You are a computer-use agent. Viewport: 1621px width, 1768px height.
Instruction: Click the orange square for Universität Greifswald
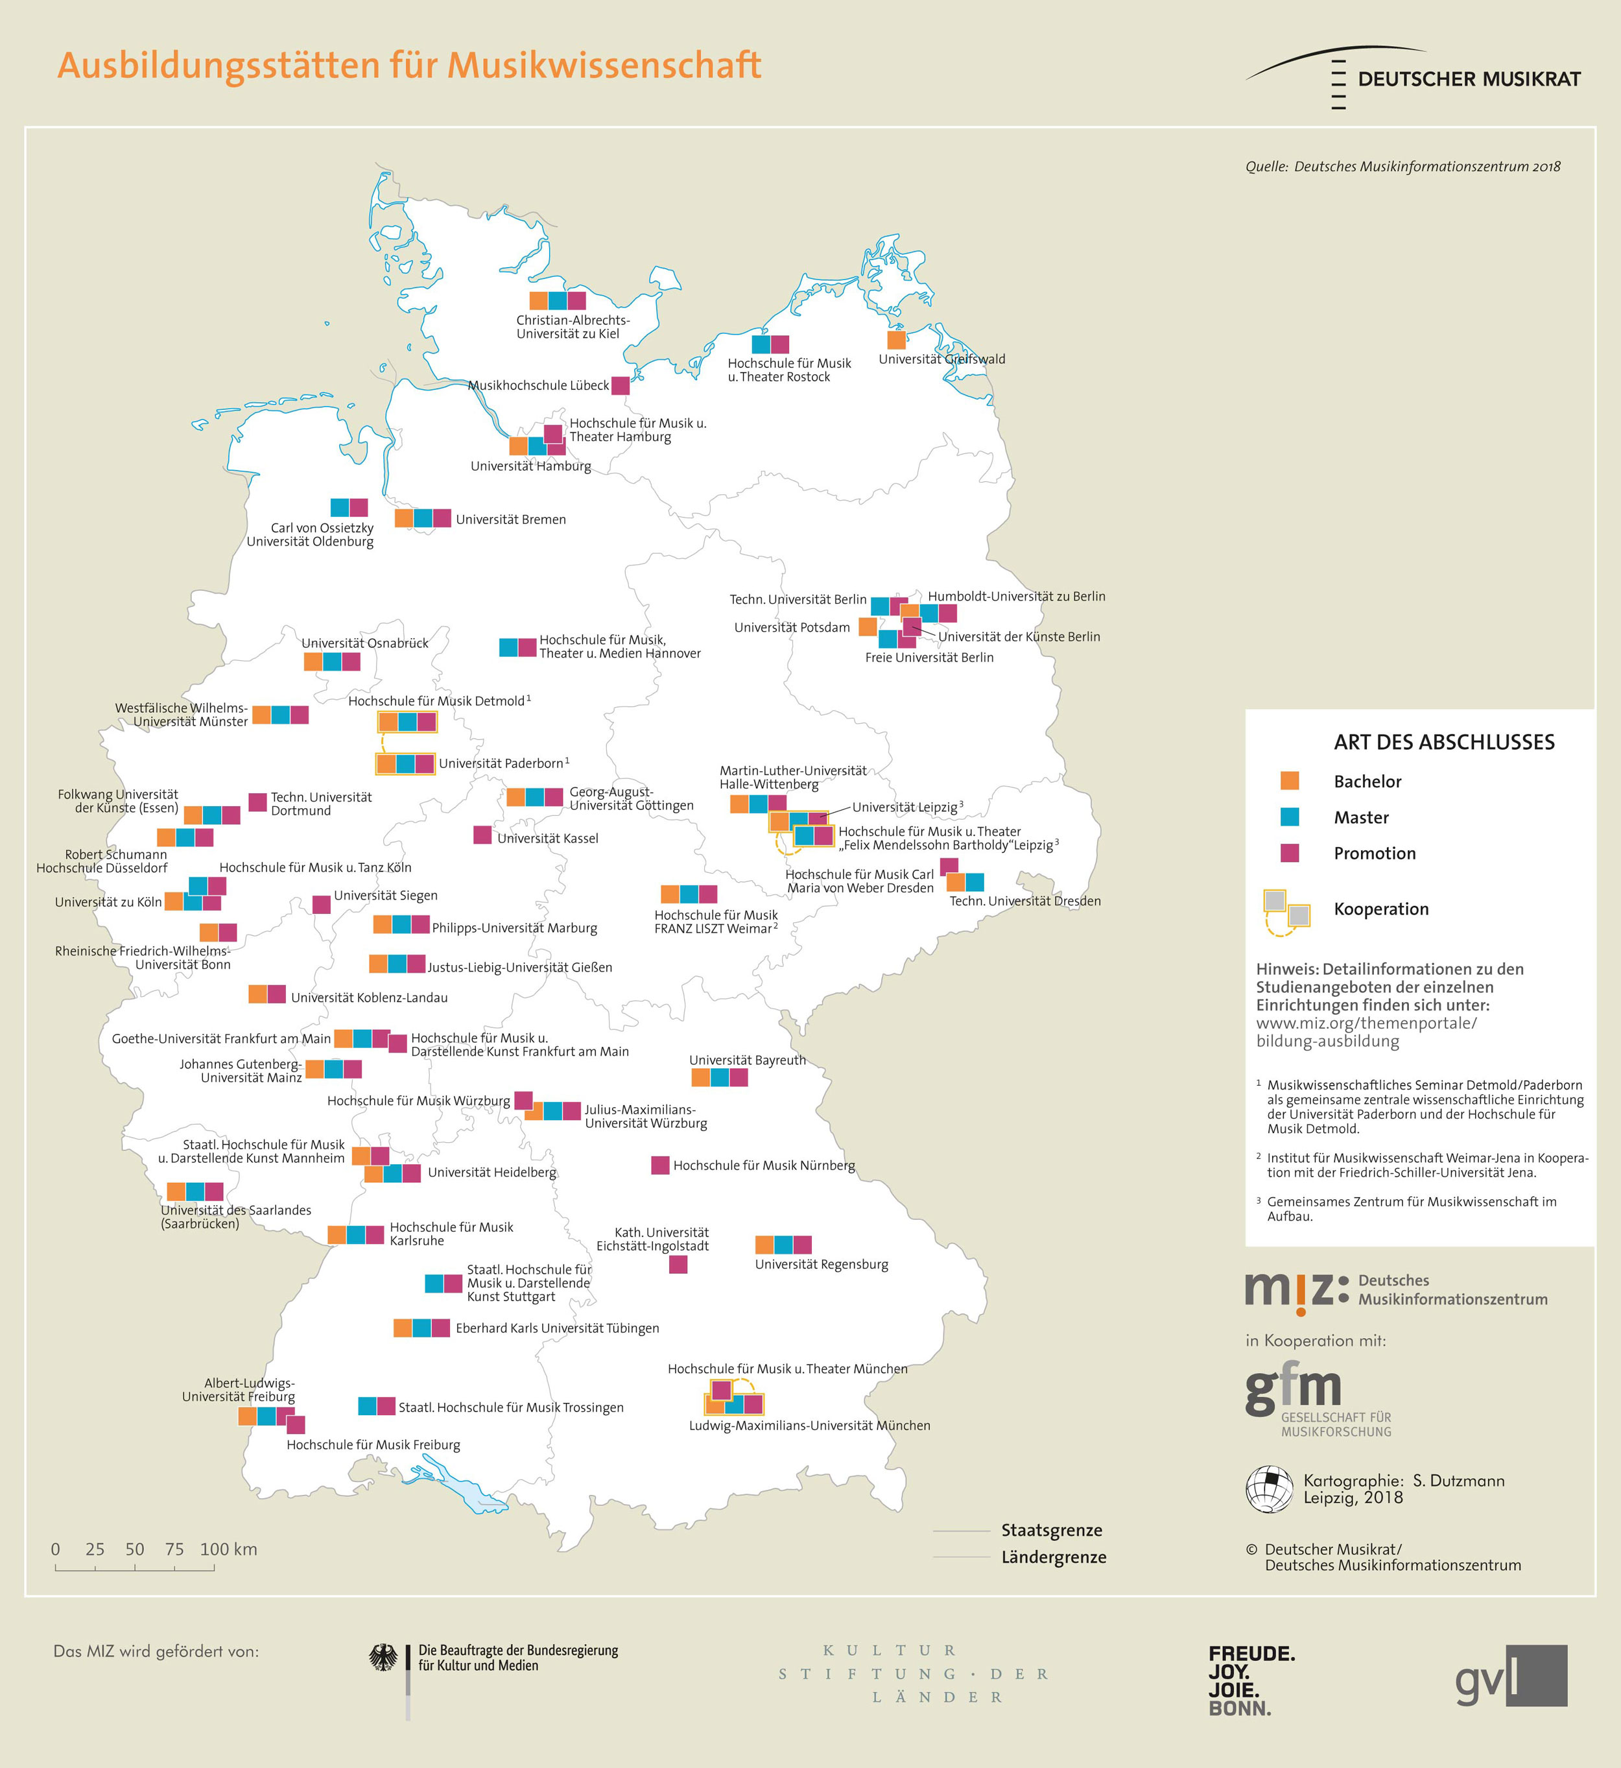[895, 340]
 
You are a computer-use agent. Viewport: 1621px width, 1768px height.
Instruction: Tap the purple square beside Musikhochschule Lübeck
[620, 385]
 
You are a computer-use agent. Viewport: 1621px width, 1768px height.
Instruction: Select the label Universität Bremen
[510, 520]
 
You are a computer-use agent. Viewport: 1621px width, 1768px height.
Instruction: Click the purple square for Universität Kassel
[482, 835]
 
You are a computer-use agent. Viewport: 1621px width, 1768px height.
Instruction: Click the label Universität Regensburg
[821, 1264]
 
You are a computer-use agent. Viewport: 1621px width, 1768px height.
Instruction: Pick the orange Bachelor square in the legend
[1290, 780]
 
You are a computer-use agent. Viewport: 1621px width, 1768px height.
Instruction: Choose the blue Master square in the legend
[1290, 817]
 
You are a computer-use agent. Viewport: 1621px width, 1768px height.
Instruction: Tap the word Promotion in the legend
[1375, 853]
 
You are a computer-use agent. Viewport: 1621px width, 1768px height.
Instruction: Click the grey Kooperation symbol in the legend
[1286, 911]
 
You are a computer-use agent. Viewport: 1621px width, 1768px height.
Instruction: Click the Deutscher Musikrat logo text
[1469, 79]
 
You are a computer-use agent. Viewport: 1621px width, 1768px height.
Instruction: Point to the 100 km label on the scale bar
[229, 1549]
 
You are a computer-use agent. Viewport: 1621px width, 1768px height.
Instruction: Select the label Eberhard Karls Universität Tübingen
[557, 1328]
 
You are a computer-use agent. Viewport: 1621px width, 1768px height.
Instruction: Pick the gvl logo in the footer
[1511, 1676]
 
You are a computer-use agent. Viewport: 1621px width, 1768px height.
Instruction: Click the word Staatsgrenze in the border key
[1052, 1529]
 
